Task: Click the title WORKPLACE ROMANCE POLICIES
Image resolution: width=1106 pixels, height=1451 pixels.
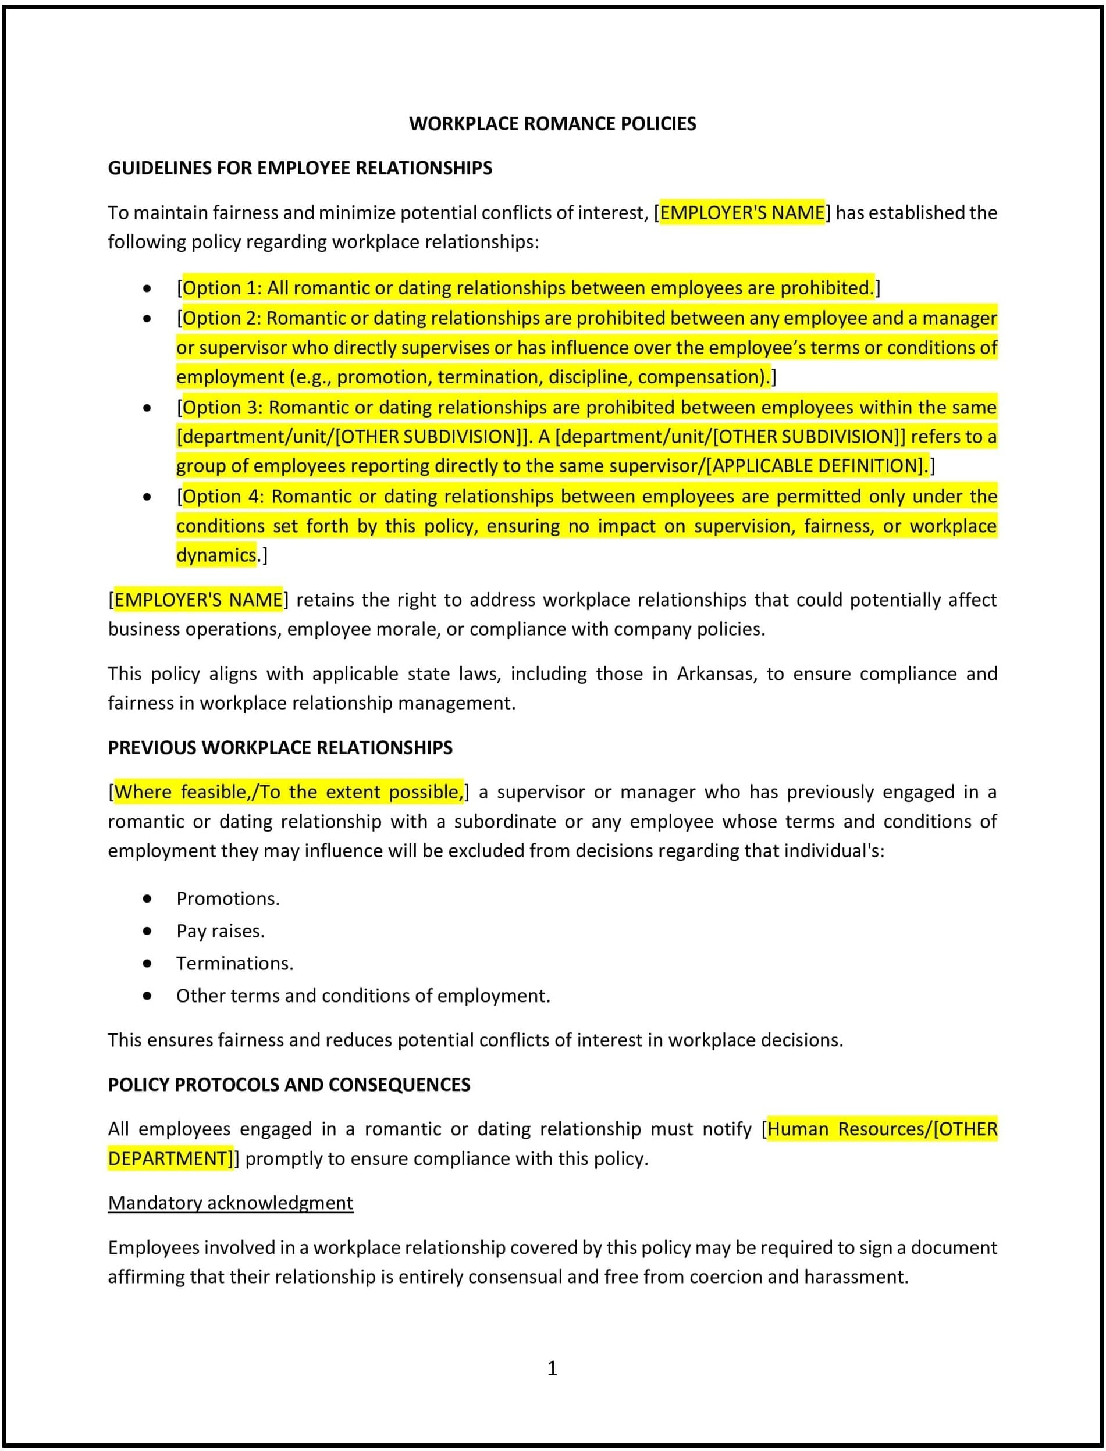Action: coord(552,124)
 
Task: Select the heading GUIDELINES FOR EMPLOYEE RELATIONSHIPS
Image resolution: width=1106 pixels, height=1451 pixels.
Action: coord(300,168)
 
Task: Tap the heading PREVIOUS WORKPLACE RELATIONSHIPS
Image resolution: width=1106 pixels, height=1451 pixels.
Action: coord(280,747)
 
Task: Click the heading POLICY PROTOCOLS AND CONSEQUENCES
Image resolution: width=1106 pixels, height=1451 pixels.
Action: coord(289,1085)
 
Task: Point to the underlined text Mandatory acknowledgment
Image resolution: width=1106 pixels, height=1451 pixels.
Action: coord(230,1203)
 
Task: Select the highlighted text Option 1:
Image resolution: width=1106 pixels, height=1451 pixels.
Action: coord(222,288)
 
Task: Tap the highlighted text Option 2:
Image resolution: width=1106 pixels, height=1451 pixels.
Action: coord(222,319)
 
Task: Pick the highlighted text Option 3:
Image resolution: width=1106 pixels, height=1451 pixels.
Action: coord(222,407)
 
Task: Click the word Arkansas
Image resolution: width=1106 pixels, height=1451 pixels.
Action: coord(715,674)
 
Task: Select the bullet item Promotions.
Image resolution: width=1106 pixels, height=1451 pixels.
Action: coord(228,899)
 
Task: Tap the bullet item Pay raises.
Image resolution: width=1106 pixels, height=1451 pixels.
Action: coord(221,931)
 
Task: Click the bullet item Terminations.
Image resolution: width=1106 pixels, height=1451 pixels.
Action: coord(234,964)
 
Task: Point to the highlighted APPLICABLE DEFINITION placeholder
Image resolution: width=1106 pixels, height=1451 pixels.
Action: coord(816,466)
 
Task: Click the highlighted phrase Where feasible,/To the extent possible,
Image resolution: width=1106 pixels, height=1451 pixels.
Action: coord(289,792)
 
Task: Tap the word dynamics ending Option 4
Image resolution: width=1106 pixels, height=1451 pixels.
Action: coord(215,555)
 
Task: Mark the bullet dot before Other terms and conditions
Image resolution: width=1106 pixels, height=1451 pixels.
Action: coord(147,996)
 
